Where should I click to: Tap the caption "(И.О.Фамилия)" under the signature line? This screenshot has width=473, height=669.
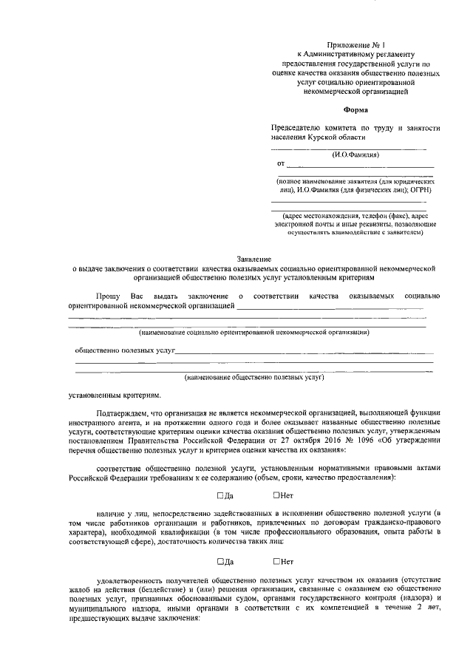[355, 155]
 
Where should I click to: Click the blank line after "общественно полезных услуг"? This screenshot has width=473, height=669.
[304, 353]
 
